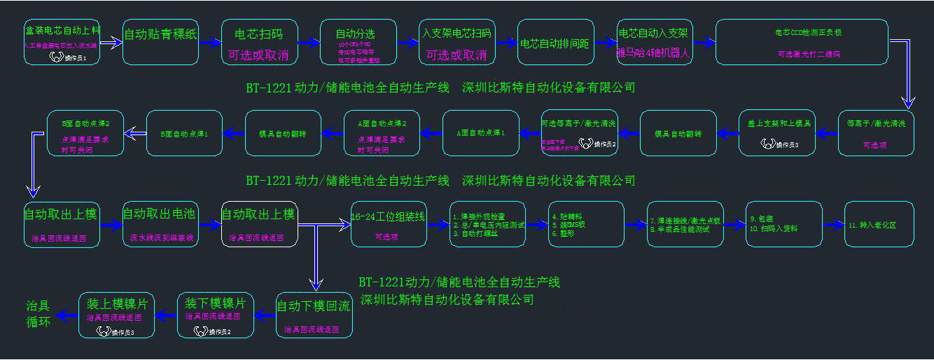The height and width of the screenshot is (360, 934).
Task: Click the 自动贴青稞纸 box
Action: (x=160, y=42)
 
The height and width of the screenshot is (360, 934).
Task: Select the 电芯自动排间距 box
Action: (x=555, y=43)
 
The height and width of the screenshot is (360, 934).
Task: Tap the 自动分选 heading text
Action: (x=355, y=34)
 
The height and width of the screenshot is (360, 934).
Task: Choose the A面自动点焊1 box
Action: (x=480, y=133)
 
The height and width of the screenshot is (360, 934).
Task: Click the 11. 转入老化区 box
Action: (x=879, y=224)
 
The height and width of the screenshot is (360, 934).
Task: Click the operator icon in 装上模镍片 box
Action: (x=103, y=331)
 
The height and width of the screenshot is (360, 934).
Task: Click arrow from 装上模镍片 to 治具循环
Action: (x=68, y=316)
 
